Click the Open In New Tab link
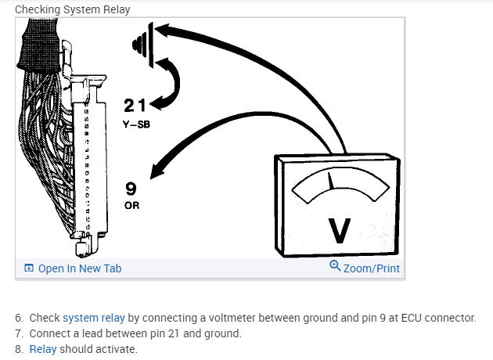pos(79,268)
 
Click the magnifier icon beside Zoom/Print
pos(335,267)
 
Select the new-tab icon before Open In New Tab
pos(29,268)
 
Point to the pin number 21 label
pos(135,106)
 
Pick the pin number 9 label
pos(131,189)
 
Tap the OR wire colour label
pos(131,206)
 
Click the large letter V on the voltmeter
pos(339,229)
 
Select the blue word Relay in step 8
pos(43,349)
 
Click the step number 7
pos(19,333)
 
